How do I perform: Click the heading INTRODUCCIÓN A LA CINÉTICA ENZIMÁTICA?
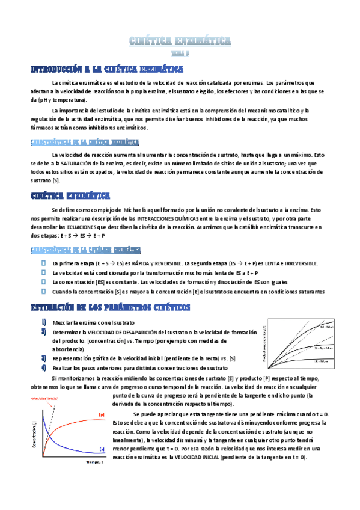tap(106, 70)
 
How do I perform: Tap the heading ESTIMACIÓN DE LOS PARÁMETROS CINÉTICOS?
tap(110, 307)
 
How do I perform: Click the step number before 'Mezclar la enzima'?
tap(44, 323)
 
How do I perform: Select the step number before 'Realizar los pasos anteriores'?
tap(44, 367)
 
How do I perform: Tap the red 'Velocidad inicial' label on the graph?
tap(43, 398)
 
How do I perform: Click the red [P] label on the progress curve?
tap(101, 414)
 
